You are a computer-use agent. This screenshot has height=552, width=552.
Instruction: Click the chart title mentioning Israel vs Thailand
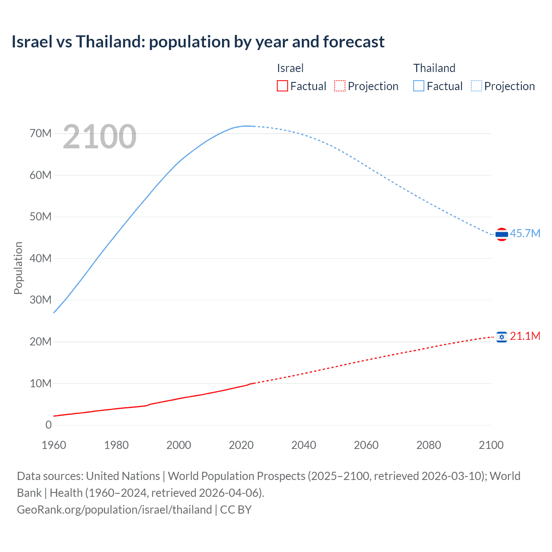tap(198, 42)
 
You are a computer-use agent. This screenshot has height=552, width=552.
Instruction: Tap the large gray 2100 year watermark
tap(100, 137)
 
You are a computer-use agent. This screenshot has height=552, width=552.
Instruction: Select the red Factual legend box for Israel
tap(282, 86)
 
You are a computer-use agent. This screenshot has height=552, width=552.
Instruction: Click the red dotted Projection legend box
tap(340, 86)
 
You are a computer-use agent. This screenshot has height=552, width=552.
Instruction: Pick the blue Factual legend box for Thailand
tap(419, 86)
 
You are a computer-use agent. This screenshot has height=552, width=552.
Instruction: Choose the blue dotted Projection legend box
tap(477, 86)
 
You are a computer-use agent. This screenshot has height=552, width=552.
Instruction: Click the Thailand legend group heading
tap(434, 68)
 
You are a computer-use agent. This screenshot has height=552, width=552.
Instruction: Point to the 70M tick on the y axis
tap(41, 133)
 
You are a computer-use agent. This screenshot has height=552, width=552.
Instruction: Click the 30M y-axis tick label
tap(41, 300)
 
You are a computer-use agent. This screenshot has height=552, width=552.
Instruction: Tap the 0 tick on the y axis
tap(48, 425)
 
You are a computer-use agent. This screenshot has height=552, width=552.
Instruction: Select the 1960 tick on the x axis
tap(54, 445)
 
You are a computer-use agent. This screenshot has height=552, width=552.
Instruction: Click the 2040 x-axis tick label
tap(304, 445)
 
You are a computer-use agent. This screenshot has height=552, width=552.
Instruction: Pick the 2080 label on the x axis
tap(429, 445)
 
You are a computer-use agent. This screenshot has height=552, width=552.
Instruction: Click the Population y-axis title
tap(18, 268)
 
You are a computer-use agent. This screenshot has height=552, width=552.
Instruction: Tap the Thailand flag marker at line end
tap(502, 234)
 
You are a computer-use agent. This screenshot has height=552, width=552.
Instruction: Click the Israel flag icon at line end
tap(502, 337)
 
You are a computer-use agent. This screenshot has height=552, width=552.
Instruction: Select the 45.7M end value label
tap(525, 233)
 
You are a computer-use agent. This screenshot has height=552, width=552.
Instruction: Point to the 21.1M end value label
tap(525, 336)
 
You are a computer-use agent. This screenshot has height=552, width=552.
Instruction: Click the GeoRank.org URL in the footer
tap(114, 510)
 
